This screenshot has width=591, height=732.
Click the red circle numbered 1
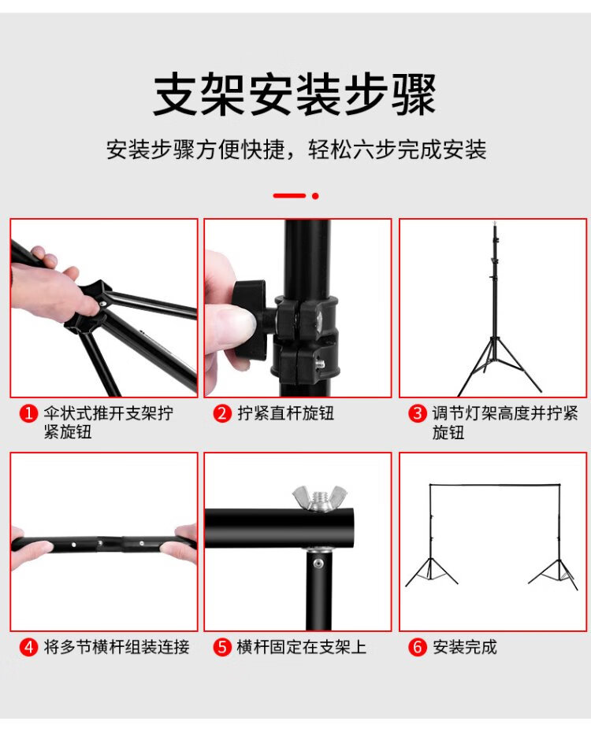click(28, 413)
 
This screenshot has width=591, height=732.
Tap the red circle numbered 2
click(222, 413)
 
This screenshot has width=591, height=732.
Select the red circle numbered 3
click(417, 413)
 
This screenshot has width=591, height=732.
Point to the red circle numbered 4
click(28, 648)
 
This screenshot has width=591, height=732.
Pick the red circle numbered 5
click(222, 648)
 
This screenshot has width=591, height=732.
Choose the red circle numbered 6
click(417, 648)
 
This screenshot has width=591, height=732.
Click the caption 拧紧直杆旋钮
click(285, 413)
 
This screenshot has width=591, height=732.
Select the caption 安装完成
click(465, 648)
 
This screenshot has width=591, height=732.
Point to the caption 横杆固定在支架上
click(301, 648)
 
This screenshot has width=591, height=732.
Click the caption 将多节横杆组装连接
click(117, 648)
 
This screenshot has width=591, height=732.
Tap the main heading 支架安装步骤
click(295, 94)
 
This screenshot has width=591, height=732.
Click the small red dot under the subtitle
click(315, 196)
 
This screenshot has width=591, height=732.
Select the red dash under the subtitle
click(290, 196)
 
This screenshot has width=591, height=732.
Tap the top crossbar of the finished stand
click(494, 486)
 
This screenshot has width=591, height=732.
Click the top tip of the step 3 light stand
click(494, 223)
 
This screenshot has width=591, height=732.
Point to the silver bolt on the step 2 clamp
click(321, 363)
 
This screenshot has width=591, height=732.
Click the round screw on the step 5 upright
click(318, 564)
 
